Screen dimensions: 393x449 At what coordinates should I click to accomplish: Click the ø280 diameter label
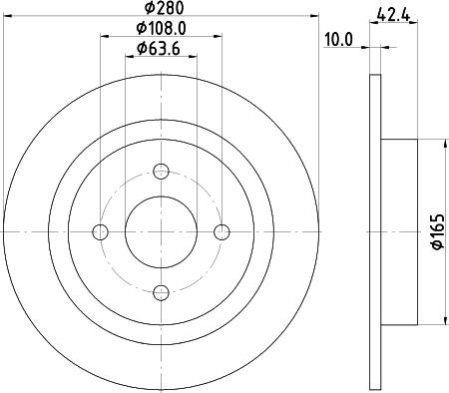tap(160, 9)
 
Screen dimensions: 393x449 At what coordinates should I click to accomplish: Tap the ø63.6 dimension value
tap(160, 50)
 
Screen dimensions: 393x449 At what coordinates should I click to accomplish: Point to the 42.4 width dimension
tap(394, 13)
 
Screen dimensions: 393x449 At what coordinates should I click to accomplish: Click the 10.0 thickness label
tap(339, 39)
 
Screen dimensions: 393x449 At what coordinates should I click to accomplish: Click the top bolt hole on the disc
tap(161, 171)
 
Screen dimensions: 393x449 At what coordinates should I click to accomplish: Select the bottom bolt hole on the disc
tap(161, 292)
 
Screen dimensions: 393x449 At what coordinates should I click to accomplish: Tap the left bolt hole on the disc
tap(100, 231)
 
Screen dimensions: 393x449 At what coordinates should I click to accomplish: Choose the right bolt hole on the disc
tap(222, 231)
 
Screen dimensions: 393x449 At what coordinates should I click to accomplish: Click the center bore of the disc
tap(161, 231)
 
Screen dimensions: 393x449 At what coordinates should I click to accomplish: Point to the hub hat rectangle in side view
tap(398, 231)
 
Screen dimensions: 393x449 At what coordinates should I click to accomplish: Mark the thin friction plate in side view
tap(375, 231)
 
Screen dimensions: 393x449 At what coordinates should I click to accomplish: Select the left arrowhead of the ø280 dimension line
tap(7, 17)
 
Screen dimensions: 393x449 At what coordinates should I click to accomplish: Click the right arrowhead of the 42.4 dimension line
tap(413, 48)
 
